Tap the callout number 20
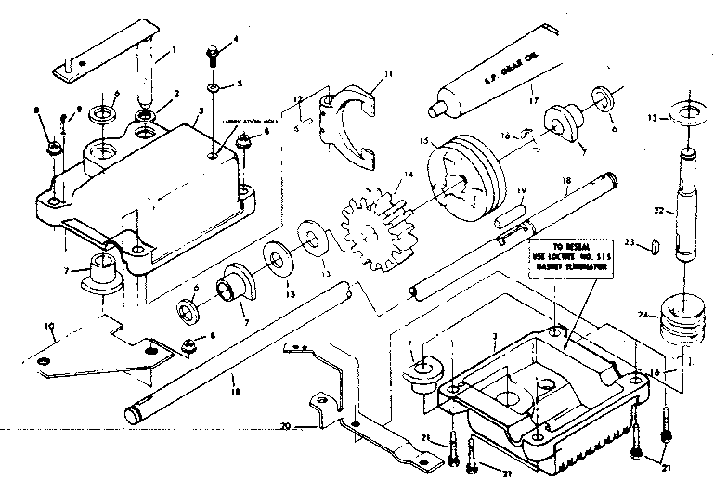tap(287, 428)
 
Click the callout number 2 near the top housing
tap(176, 93)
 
